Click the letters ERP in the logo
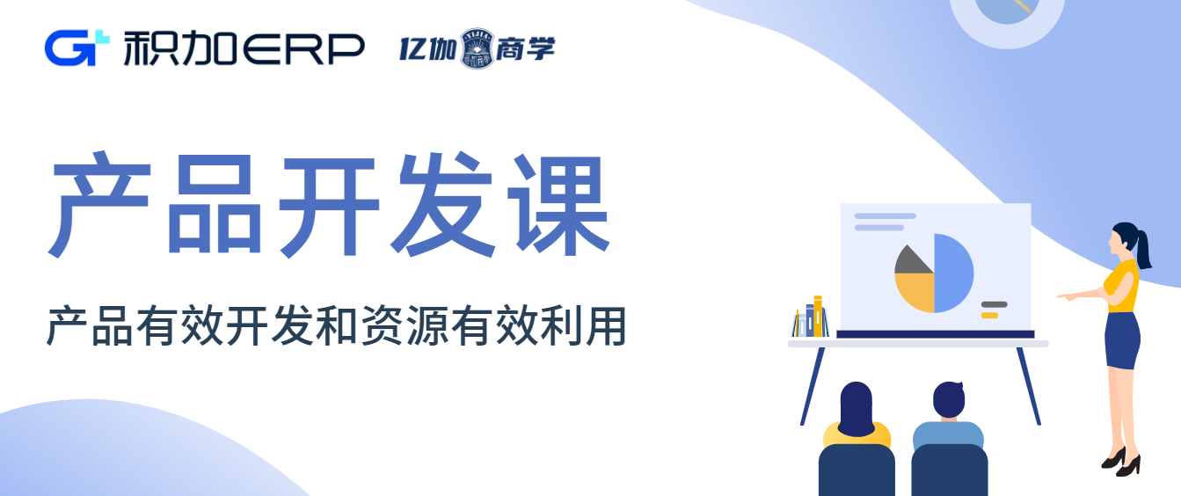(302, 49)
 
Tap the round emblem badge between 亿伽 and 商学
(477, 48)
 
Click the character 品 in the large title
(214, 205)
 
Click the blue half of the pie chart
(954, 273)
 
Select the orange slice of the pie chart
(916, 291)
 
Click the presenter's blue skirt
(1122, 340)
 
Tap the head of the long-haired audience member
(856, 409)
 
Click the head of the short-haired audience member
(949, 399)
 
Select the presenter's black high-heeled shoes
(1122, 463)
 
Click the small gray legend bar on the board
(995, 304)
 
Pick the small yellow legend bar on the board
(989, 315)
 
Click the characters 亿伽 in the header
(427, 49)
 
